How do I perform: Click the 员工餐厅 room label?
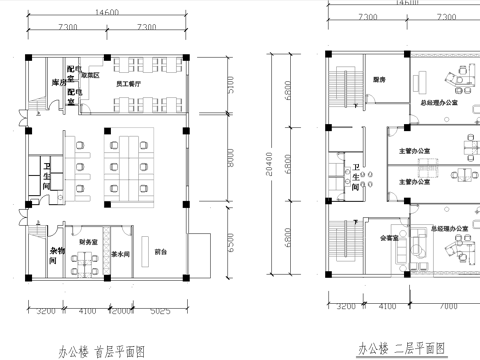127,86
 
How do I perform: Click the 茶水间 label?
122,253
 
